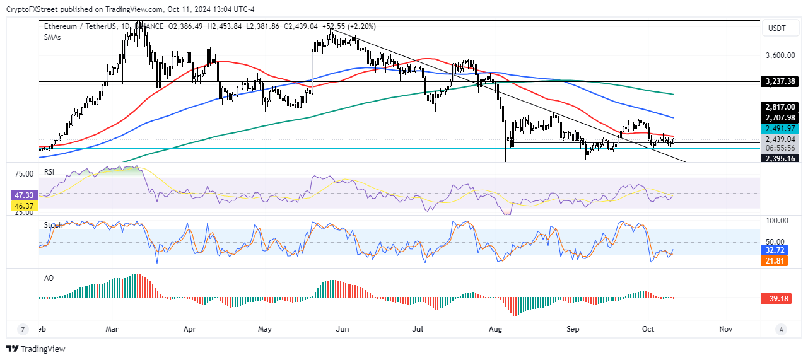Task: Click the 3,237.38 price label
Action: click(x=780, y=81)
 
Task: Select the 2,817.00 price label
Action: click(x=780, y=107)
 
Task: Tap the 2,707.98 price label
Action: click(x=780, y=118)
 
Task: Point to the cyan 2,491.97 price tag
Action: click(x=780, y=129)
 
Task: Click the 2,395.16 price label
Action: click(x=780, y=159)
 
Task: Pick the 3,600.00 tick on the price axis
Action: click(x=780, y=55)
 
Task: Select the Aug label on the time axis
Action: click(x=495, y=329)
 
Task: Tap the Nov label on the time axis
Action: click(x=725, y=329)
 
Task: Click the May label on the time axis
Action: click(x=265, y=329)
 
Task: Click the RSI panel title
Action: click(x=49, y=171)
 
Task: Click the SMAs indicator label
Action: click(x=52, y=37)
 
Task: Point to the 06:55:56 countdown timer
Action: click(x=780, y=148)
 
